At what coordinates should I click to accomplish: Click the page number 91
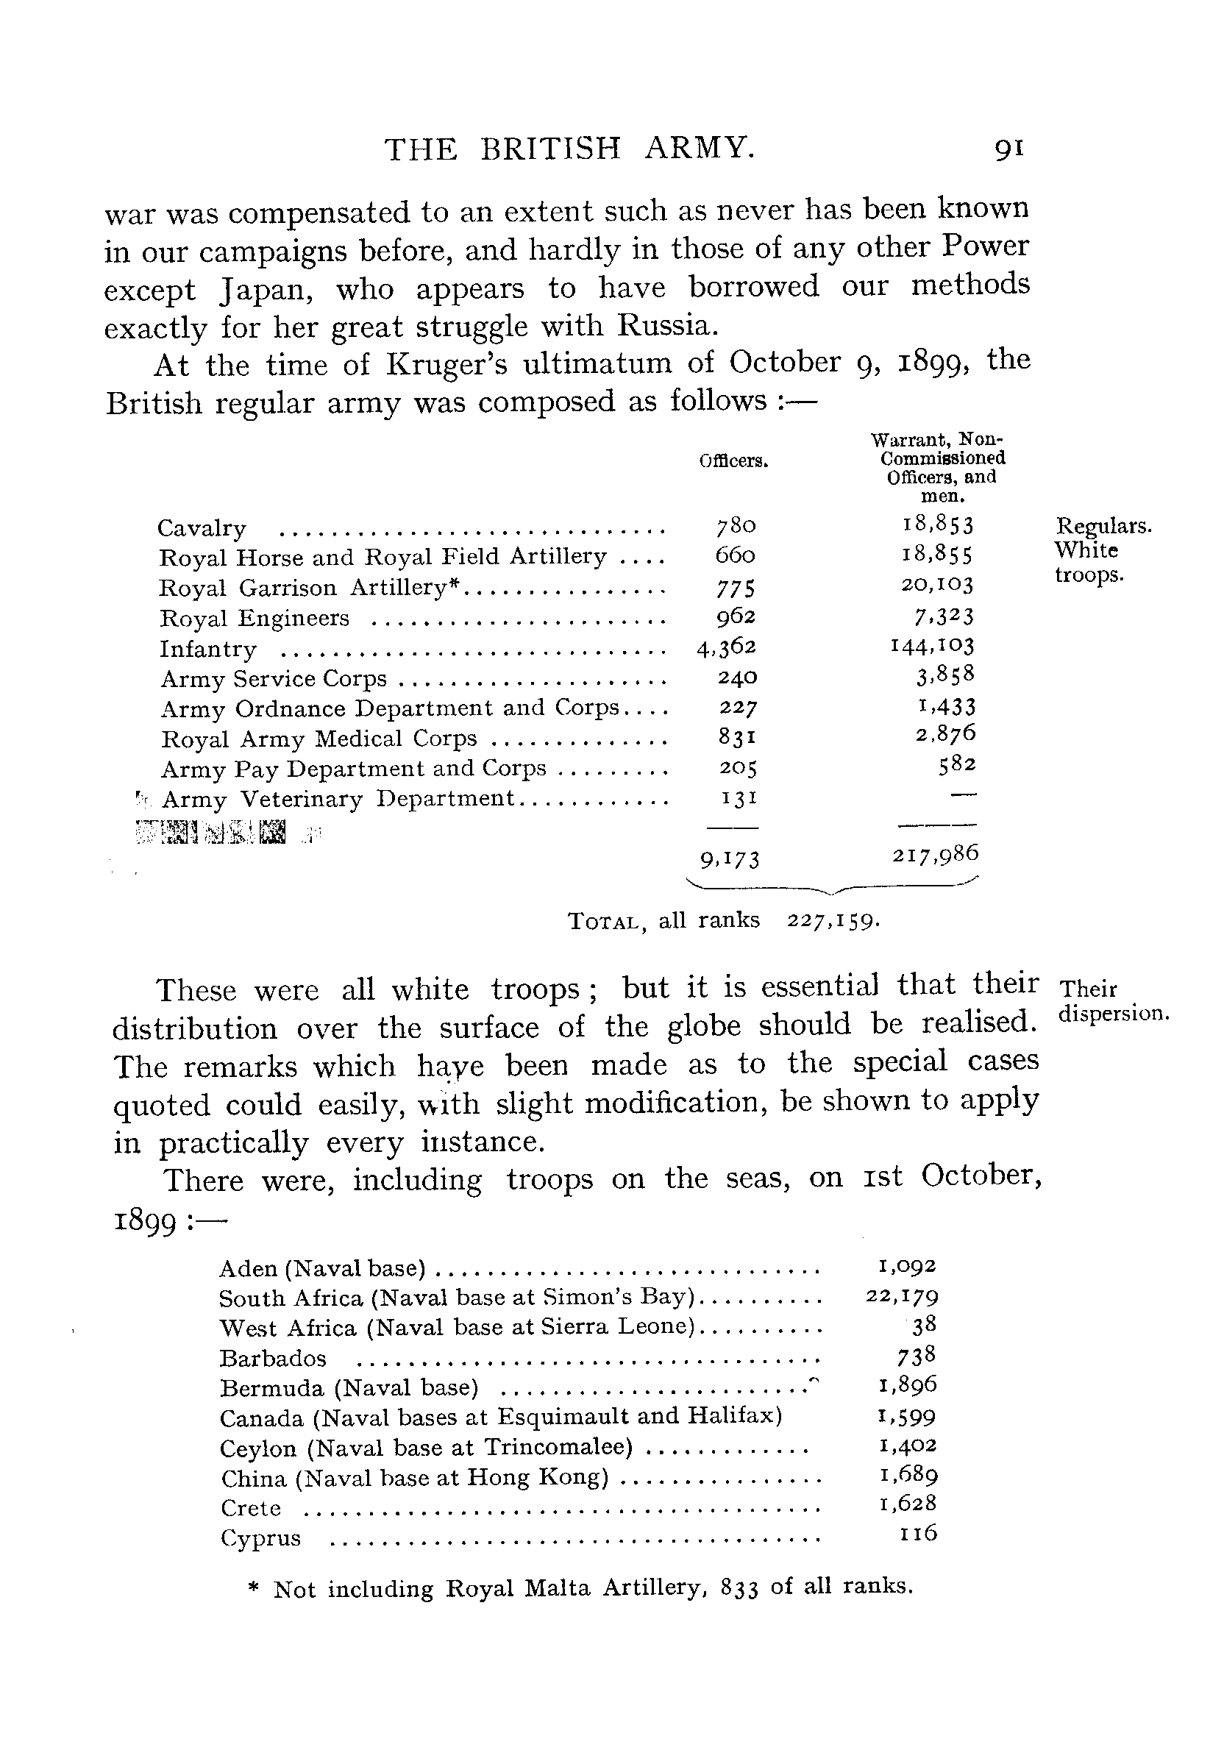1008,149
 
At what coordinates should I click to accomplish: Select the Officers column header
733,461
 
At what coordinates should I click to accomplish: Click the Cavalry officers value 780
736,526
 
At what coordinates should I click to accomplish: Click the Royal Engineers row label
255,619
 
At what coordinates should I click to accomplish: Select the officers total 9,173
729,859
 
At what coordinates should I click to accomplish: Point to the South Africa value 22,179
901,1297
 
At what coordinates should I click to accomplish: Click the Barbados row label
273,1359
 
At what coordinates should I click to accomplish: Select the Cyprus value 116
918,1534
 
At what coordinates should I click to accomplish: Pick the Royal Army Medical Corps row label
319,739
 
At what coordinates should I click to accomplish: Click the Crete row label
251,1508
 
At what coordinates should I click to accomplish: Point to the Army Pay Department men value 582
957,767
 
